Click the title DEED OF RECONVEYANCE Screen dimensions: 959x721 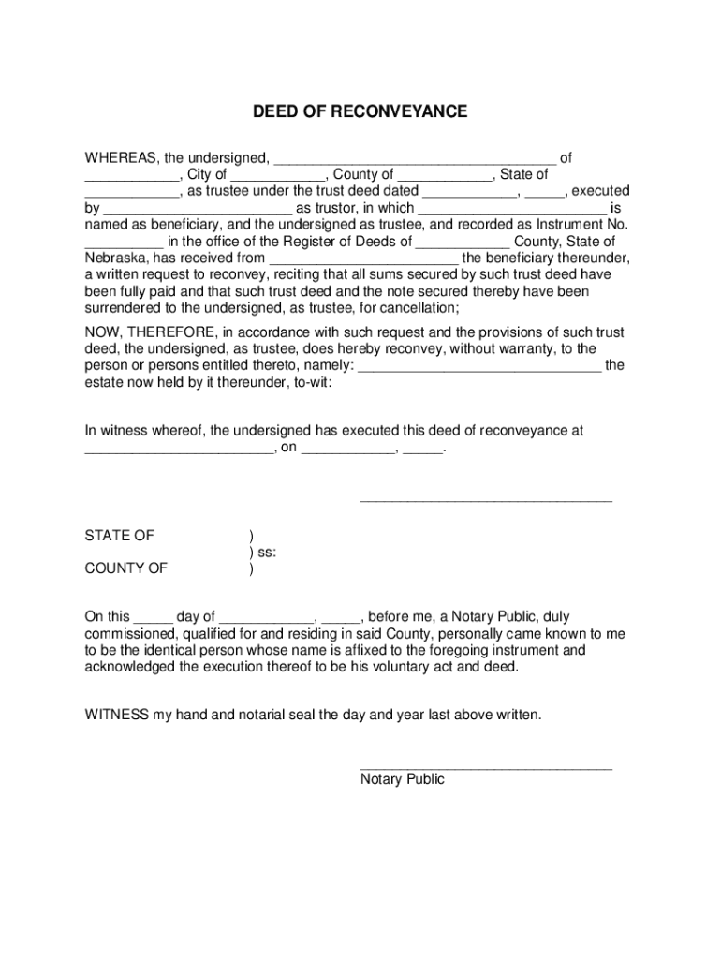[x=360, y=112]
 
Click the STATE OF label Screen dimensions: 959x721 [x=119, y=536]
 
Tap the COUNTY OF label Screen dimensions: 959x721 [x=126, y=568]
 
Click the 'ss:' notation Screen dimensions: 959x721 [x=266, y=552]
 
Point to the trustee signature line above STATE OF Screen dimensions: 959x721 [x=486, y=502]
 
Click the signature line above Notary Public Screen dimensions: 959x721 [x=486, y=768]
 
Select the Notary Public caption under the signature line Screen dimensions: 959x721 [x=402, y=779]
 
